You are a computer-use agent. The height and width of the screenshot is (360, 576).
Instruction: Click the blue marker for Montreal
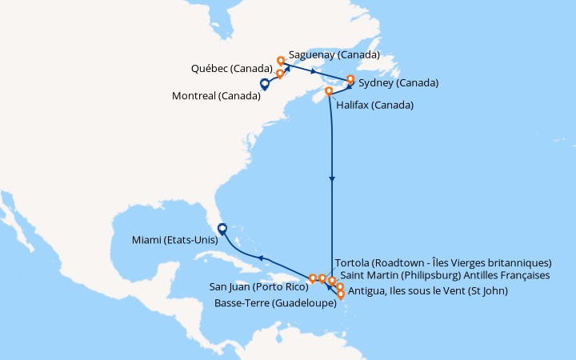(x=264, y=83)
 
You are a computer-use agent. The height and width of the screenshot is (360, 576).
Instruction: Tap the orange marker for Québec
(x=280, y=74)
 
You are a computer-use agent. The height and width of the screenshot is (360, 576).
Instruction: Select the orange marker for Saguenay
(x=281, y=61)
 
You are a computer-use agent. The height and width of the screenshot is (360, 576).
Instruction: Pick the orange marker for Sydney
(x=350, y=79)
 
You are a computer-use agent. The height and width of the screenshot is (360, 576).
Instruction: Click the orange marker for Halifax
(x=329, y=92)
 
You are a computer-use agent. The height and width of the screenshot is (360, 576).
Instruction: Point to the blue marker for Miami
(x=222, y=228)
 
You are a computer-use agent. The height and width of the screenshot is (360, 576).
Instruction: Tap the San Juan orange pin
(x=313, y=279)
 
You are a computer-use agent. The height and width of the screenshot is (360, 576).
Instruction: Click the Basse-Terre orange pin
(x=342, y=294)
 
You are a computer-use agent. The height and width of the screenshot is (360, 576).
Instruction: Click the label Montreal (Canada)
(x=215, y=97)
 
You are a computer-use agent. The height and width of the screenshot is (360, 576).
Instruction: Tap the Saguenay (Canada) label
(x=334, y=56)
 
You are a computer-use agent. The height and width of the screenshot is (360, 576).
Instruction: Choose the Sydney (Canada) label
(x=398, y=83)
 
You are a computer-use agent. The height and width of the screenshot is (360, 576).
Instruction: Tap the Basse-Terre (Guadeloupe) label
(x=274, y=303)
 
